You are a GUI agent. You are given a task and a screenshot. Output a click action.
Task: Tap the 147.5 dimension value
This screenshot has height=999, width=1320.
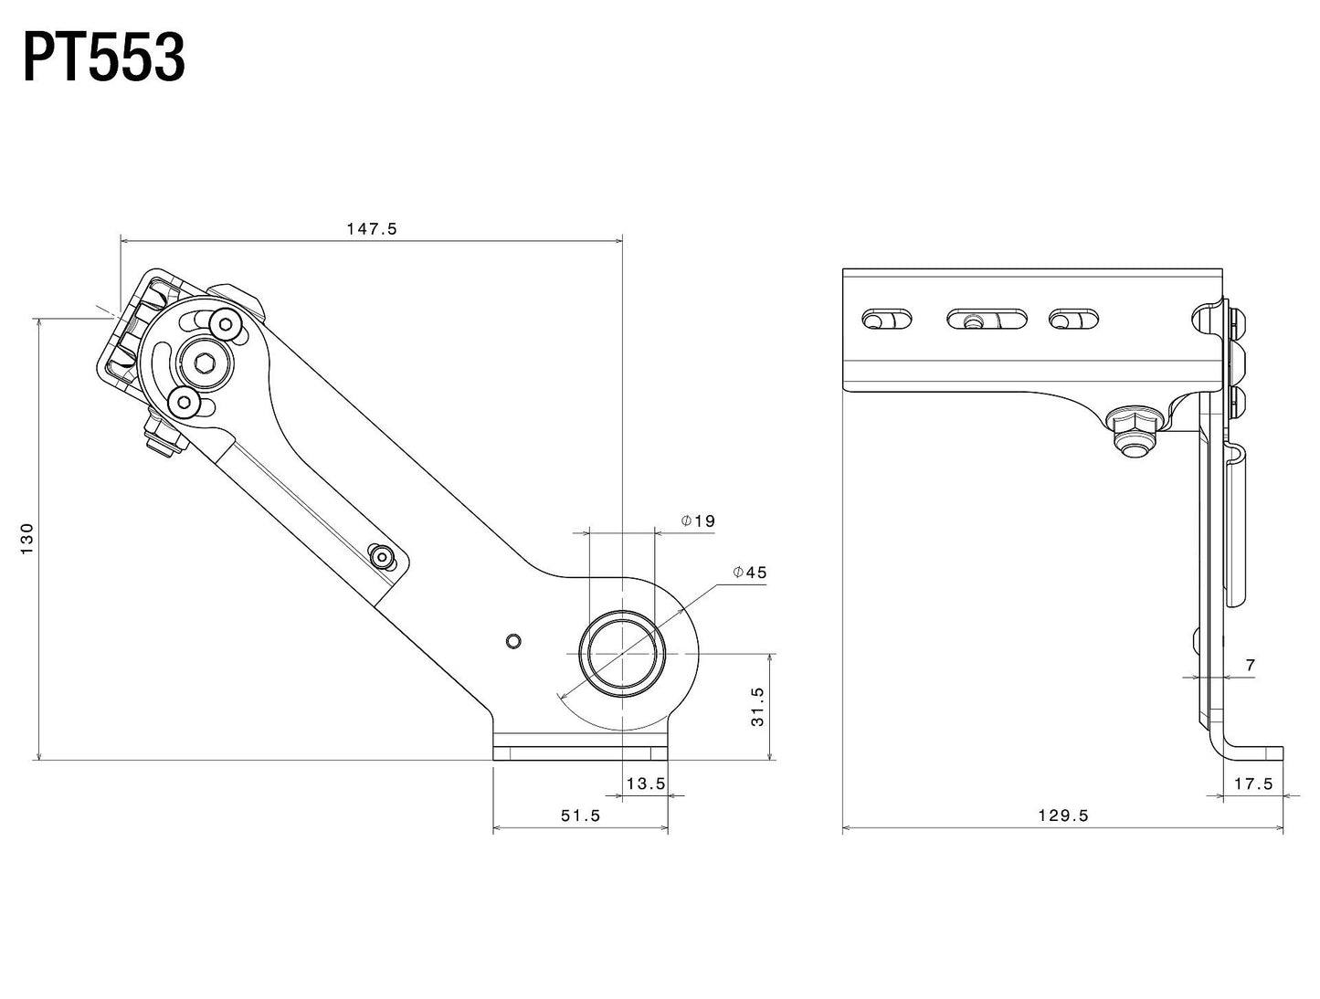tap(371, 229)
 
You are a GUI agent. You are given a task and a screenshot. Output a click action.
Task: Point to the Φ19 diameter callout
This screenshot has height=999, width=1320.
tap(698, 521)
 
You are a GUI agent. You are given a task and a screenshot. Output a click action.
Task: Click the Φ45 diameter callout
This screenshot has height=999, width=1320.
tap(749, 573)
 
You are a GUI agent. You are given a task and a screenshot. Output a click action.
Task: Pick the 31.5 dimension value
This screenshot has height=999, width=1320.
tap(757, 706)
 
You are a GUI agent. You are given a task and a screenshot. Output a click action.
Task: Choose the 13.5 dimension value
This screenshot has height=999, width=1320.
tap(646, 783)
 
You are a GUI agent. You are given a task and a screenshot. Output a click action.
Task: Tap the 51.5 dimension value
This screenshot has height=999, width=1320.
tap(580, 815)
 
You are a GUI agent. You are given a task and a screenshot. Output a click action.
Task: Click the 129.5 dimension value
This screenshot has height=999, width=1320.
tap(1063, 815)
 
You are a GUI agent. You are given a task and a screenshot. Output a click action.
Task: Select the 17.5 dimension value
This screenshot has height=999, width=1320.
tap(1253, 783)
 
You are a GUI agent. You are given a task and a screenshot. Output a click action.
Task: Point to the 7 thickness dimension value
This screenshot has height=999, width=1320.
tap(1251, 666)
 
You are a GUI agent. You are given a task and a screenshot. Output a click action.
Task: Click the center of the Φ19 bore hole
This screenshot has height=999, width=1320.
tap(621, 654)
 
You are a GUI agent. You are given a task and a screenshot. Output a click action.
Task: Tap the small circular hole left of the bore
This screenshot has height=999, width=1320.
tap(513, 641)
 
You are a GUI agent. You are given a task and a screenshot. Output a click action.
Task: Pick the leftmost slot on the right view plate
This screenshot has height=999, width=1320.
tap(886, 320)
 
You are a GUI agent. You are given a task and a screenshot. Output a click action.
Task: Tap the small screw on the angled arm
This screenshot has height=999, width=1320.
tap(380, 554)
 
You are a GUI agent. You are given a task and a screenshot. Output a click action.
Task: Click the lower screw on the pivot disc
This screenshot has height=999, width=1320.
tap(184, 401)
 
